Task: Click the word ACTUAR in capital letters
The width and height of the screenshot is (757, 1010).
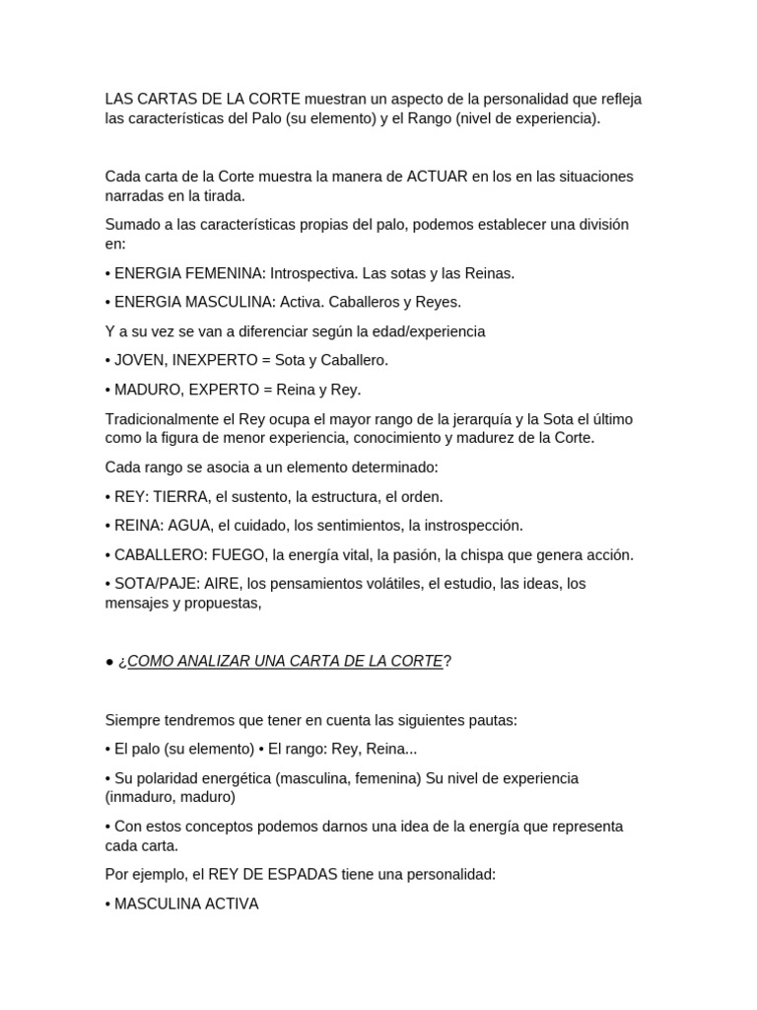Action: (x=438, y=177)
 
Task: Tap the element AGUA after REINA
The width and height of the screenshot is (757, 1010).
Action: (x=190, y=526)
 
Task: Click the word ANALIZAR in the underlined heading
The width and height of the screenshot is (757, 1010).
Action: (x=208, y=661)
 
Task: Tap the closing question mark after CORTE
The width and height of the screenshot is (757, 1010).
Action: (x=447, y=661)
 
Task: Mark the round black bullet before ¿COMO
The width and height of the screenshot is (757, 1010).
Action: (x=109, y=662)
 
